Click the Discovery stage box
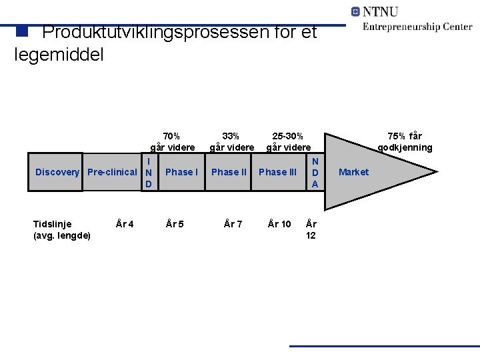coord(57,172)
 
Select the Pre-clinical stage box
coord(112,172)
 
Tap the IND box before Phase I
coord(149,172)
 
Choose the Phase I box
coord(181,172)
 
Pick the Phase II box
coord(229,172)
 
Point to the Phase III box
coord(277,172)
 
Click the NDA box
coord(315,172)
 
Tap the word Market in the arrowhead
coord(353,172)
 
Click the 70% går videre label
coord(172,141)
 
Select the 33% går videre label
coord(231,141)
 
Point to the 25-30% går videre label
coord(288,141)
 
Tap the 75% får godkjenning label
coord(405,141)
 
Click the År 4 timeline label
coord(125,224)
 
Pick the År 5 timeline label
coord(175,224)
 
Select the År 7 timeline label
coord(233,224)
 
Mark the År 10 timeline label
coord(279,224)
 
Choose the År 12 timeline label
coord(311,229)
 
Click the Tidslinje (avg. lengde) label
coord(62,229)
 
